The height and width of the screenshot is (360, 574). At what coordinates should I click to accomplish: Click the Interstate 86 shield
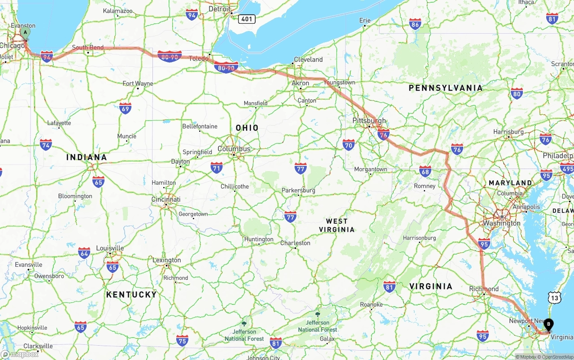415,25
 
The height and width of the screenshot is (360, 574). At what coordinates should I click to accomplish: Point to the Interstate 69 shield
126,108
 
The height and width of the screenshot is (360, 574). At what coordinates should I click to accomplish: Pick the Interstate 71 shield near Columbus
217,168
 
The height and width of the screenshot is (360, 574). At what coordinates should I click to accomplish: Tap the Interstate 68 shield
425,171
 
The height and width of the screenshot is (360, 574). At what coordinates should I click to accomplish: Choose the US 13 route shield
555,297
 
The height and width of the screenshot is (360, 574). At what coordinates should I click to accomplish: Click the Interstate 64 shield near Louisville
84,253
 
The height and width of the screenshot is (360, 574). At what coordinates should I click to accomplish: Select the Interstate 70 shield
348,144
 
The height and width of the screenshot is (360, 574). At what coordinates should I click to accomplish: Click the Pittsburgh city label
369,121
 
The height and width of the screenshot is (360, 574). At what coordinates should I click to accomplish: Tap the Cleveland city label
308,60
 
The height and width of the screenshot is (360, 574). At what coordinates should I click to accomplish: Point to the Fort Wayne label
138,83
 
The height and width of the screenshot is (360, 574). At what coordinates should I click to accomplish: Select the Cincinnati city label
166,200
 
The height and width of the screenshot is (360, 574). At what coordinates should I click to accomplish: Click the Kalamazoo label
117,10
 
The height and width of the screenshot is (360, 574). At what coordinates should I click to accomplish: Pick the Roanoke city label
371,304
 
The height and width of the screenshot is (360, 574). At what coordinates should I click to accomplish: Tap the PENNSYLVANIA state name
445,88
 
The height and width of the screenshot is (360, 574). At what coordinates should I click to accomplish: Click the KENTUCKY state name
131,295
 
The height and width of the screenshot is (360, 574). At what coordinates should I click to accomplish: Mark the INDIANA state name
87,157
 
